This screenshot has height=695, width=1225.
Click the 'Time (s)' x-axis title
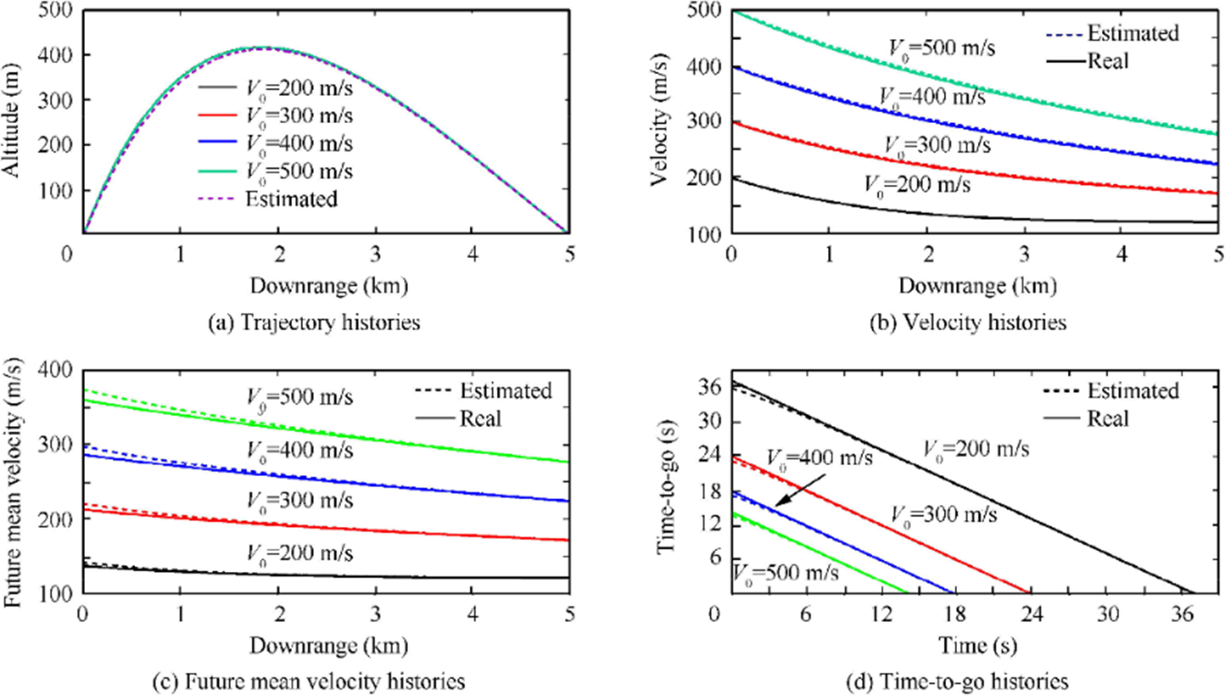(973, 647)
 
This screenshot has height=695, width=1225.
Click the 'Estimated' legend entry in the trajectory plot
(291, 199)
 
